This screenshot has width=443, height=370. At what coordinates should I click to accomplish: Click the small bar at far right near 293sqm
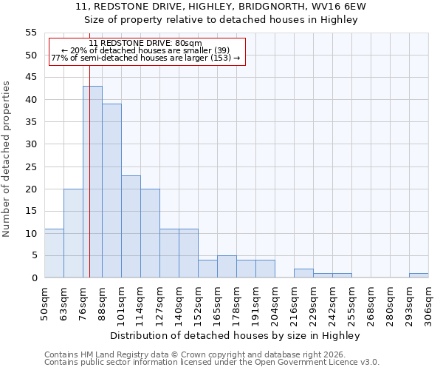419,275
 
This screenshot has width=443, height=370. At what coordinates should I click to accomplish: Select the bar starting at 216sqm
303,273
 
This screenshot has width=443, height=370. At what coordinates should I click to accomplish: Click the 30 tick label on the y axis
30,144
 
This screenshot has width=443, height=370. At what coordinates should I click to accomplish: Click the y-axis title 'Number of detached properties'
7,159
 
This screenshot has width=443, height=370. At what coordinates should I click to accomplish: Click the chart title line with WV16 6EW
221,7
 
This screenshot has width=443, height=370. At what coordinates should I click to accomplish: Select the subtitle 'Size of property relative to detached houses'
221,20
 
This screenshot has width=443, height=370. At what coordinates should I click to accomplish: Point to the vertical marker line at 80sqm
89,185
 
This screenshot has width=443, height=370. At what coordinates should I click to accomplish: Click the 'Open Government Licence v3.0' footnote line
212,363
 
